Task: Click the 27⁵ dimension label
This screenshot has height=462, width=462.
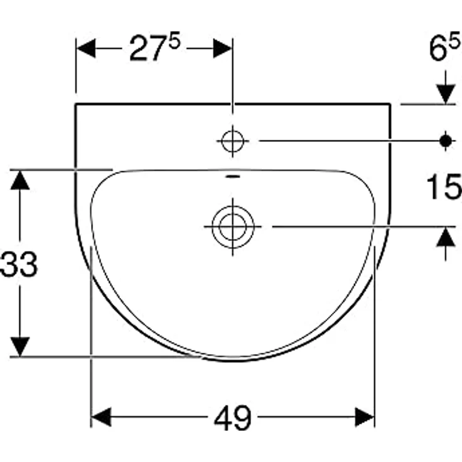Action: point(153,49)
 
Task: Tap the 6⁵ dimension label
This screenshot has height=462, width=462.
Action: point(445,49)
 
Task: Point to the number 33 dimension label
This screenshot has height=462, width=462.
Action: point(19,265)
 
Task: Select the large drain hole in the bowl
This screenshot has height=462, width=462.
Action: point(232,226)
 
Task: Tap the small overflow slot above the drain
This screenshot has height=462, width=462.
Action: point(232,177)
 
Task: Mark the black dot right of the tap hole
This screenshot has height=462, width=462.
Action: point(446,141)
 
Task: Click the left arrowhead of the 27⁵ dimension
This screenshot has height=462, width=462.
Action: point(85,48)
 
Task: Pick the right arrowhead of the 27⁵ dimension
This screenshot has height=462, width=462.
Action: point(223,48)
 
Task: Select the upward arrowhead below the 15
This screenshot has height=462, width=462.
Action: point(446,237)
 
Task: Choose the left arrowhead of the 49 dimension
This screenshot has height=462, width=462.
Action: point(102,417)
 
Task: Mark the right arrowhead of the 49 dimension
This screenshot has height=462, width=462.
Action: point(365,417)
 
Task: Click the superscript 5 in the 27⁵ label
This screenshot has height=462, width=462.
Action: point(175,42)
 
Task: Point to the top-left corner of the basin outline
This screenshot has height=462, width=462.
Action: point(76,104)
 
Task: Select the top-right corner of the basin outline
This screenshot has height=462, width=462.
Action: point(390,104)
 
